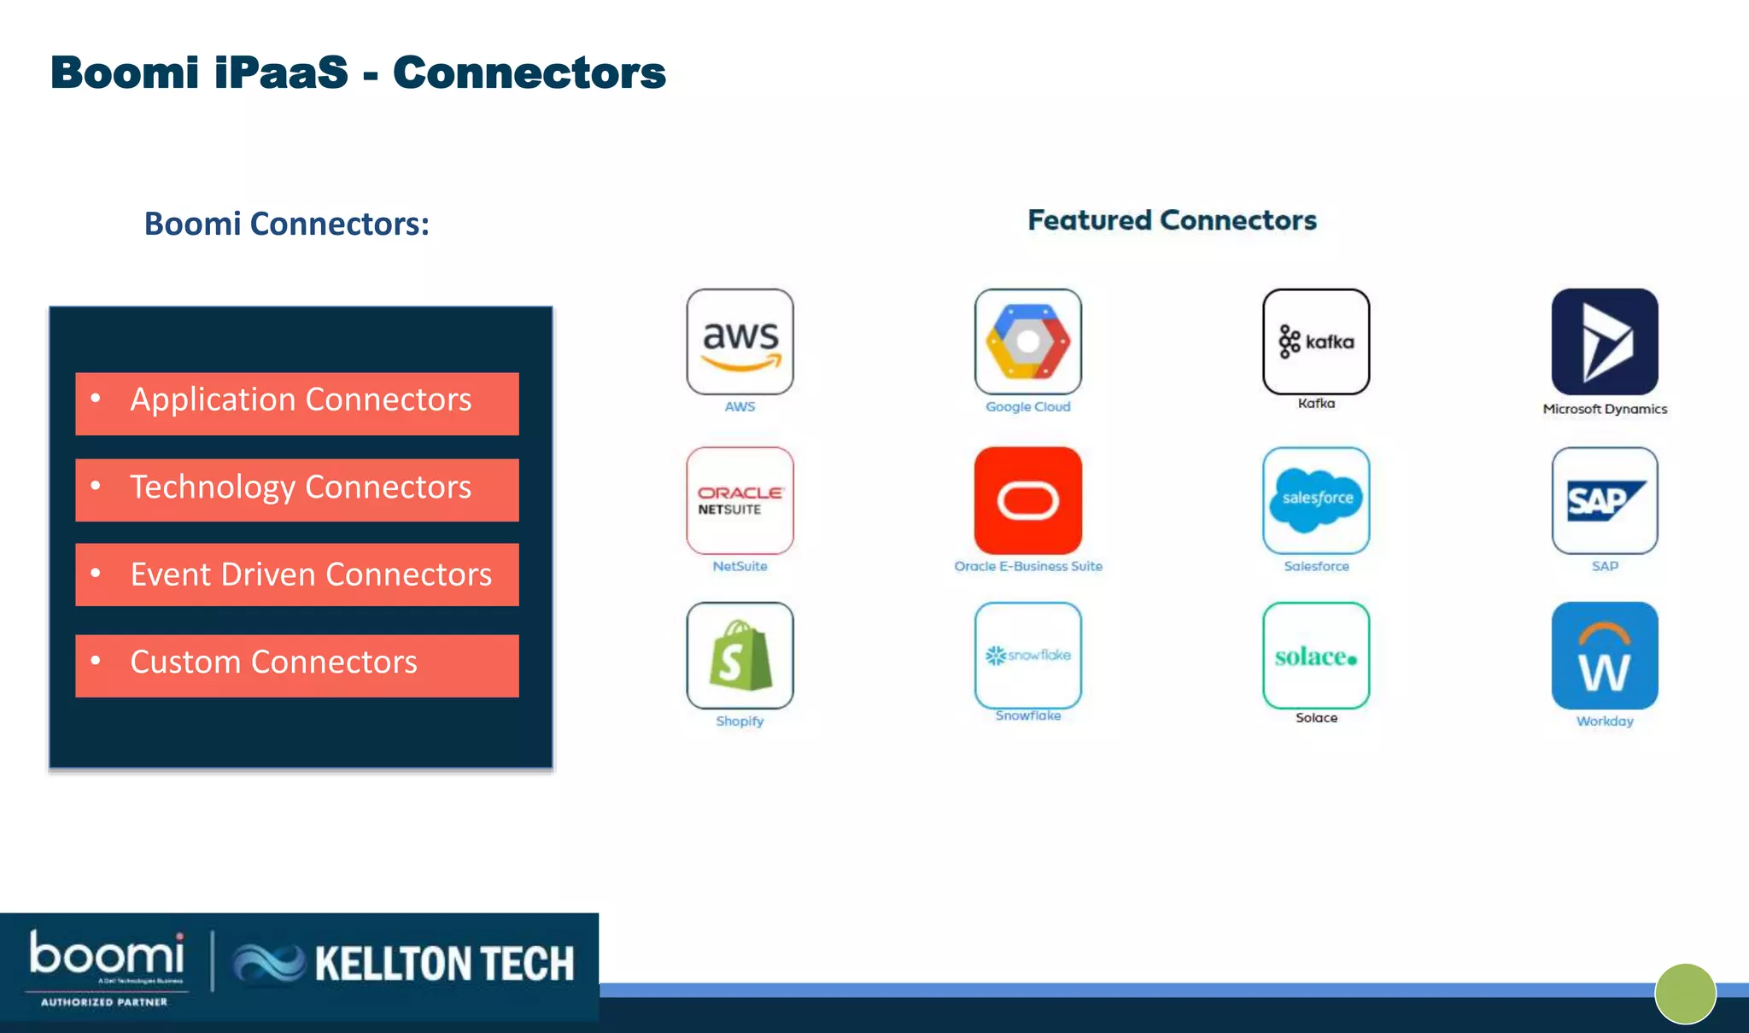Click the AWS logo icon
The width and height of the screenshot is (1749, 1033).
tap(740, 341)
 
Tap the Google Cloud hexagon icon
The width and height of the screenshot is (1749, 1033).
tap(1027, 341)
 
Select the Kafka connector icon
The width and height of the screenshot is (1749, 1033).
tap(1316, 341)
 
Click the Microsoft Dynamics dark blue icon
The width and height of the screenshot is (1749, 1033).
tap(1605, 341)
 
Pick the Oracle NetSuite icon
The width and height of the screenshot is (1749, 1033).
tap(740, 500)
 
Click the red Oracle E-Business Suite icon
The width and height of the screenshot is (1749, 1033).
tap(1027, 500)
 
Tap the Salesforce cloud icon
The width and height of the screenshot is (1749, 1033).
tap(1316, 500)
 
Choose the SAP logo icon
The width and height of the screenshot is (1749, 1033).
tap(1605, 500)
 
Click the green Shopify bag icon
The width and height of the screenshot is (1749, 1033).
tap(740, 656)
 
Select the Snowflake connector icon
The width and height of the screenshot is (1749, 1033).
tap(1027, 656)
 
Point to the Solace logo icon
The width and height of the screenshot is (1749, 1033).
tap(1316, 656)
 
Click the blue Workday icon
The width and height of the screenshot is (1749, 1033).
tap(1605, 656)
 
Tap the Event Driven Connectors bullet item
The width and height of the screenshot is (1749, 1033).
tap(297, 575)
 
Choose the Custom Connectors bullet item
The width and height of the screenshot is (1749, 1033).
tap(297, 665)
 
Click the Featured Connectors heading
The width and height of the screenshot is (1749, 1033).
tap(1172, 220)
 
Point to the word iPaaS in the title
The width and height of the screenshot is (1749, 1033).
tap(281, 73)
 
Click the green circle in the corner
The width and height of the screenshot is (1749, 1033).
tap(1685, 994)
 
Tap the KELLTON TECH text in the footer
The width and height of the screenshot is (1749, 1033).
tap(444, 964)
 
